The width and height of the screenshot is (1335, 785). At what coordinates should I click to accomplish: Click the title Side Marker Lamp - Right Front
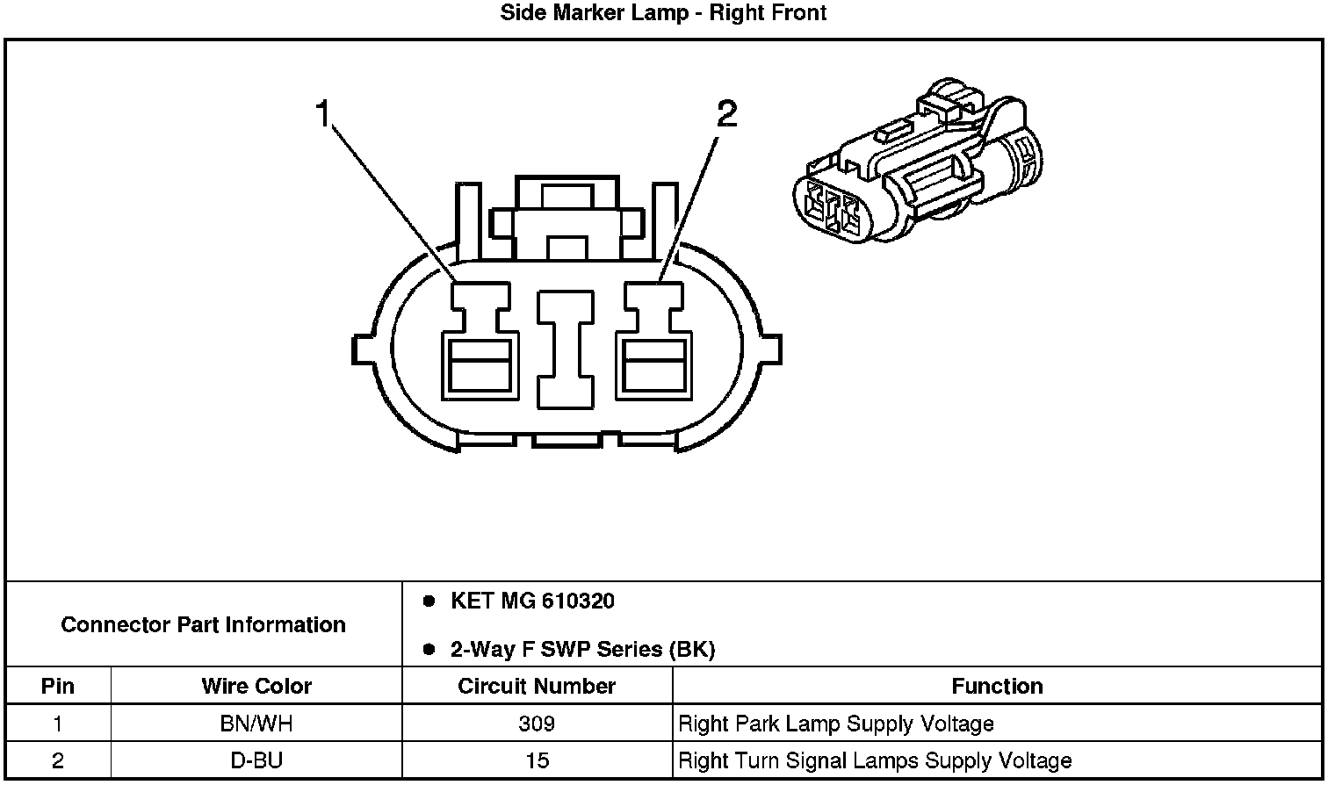click(x=663, y=13)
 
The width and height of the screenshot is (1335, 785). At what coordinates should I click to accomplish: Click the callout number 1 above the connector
click(x=323, y=114)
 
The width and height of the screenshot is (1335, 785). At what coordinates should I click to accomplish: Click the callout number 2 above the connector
click(x=726, y=114)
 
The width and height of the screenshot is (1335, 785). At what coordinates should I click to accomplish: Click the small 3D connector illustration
click(x=918, y=167)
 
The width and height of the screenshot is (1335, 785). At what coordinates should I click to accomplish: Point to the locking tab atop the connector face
click(x=566, y=220)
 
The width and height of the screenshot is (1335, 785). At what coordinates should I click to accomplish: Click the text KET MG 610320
click(x=532, y=601)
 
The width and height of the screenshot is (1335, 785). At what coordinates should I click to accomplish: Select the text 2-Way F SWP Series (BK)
click(x=582, y=650)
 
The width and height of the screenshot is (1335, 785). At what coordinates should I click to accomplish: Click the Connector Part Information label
click(x=203, y=625)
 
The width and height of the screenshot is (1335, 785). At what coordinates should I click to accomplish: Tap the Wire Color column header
click(x=256, y=686)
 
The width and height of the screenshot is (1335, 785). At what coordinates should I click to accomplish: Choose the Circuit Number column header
click(x=537, y=686)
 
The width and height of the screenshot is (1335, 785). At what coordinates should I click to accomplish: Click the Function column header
click(x=997, y=686)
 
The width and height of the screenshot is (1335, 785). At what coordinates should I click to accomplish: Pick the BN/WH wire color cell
click(x=256, y=724)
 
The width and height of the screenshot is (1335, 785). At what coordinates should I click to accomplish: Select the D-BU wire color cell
click(x=256, y=760)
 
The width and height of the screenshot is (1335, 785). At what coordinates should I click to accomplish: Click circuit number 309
click(x=537, y=724)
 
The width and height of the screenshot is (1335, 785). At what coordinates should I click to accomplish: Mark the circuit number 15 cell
click(x=537, y=760)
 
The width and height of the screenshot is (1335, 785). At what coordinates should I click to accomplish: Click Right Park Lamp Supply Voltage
click(x=836, y=724)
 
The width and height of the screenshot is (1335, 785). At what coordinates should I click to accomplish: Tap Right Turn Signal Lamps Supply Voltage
click(x=875, y=760)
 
